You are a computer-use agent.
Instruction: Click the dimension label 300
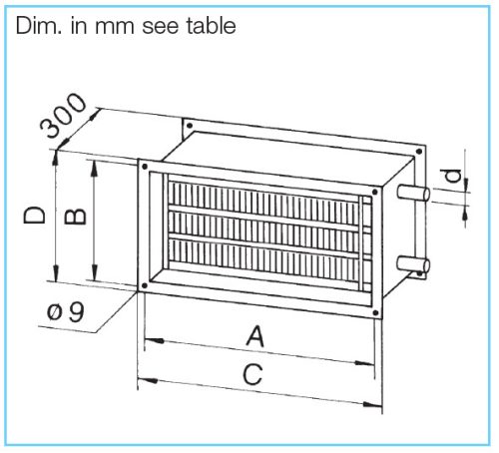[63, 115]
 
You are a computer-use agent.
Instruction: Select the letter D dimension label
[34, 215]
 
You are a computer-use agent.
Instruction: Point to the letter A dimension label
[255, 336]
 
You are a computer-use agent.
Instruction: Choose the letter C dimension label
[252, 374]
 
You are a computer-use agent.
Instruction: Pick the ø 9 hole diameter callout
[66, 312]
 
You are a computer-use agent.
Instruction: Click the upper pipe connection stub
[413, 193]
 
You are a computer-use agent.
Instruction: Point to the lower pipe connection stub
[413, 264]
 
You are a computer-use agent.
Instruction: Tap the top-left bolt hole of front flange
[145, 167]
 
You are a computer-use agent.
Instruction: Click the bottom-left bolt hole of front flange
[145, 285]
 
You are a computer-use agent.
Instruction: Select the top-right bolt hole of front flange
[375, 192]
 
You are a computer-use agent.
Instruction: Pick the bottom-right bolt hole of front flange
[375, 312]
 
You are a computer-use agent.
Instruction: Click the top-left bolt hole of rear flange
[190, 126]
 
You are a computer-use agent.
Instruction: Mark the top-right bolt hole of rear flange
[419, 152]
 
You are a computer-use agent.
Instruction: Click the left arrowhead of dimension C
[148, 379]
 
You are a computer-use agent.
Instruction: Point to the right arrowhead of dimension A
[364, 363]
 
